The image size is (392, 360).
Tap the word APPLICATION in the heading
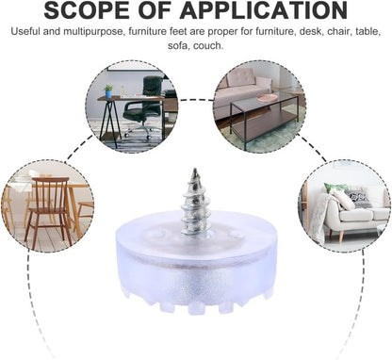[x=264, y=10]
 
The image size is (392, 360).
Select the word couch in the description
[x=208, y=46]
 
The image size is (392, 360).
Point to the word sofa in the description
[x=178, y=46]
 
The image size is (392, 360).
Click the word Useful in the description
[x=25, y=32]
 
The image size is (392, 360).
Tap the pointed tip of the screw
[x=195, y=170]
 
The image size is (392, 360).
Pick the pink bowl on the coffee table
[x=268, y=98]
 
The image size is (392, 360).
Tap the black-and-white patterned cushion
[x=358, y=198]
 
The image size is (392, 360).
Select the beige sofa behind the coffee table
[x=242, y=92]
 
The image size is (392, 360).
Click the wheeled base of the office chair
[x=139, y=131]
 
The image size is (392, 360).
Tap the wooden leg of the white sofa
[x=341, y=237]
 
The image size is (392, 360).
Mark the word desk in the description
[x=311, y=32]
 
